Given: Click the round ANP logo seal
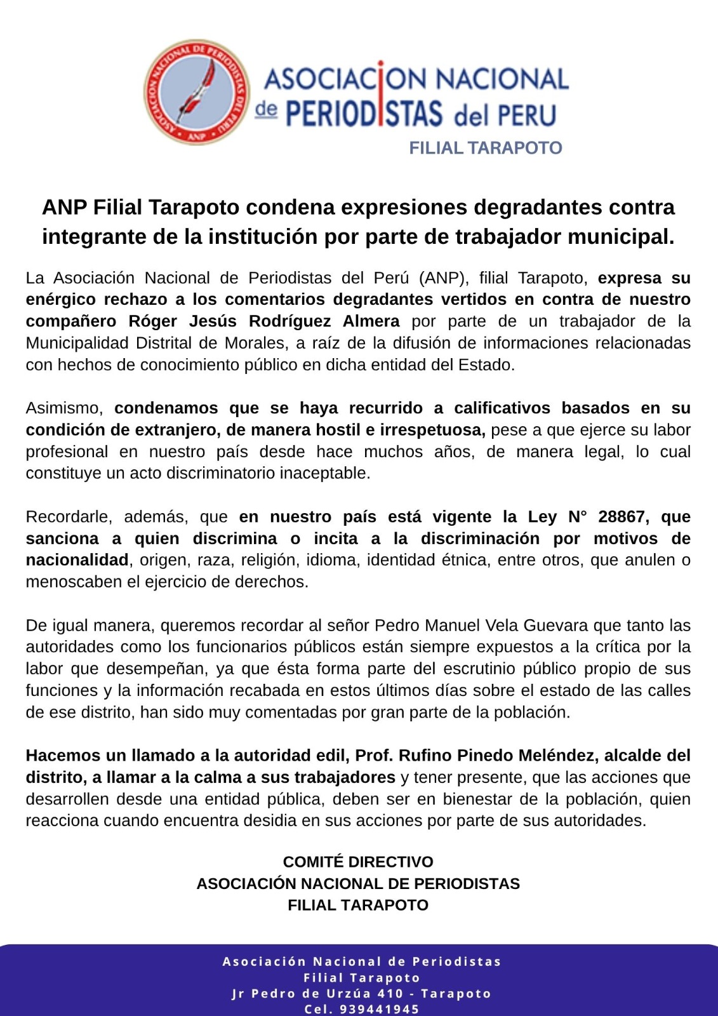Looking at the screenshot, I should (x=197, y=92).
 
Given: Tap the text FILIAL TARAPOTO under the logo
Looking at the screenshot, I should (x=486, y=148).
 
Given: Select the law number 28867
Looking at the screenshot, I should (x=622, y=517).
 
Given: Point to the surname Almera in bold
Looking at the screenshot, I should (x=371, y=321).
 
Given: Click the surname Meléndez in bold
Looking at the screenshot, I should (x=558, y=756).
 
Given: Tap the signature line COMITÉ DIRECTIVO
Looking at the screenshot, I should (x=358, y=862).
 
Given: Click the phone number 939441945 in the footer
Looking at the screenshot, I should (x=379, y=1009).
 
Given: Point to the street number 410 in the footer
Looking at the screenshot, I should (x=390, y=993).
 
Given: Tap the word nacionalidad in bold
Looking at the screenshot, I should (x=77, y=560).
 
